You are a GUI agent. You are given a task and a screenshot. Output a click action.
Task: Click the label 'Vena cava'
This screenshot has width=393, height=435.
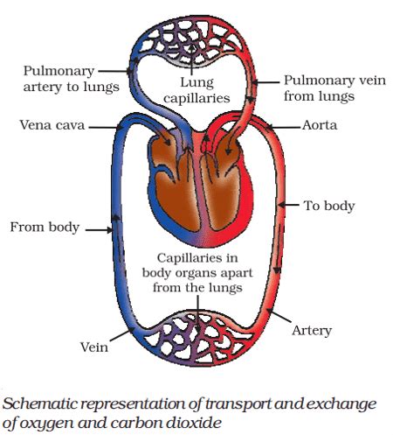click(51, 126)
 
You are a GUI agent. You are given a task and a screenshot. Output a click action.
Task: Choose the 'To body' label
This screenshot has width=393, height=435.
click(327, 207)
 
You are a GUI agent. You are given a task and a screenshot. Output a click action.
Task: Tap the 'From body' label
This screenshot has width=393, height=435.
click(45, 228)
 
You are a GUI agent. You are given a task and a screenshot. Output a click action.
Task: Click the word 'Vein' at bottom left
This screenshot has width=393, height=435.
click(93, 347)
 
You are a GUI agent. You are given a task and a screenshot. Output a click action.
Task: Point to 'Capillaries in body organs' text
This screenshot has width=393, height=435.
click(196, 272)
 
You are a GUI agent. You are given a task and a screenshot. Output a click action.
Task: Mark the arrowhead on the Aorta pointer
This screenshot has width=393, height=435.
click(265, 127)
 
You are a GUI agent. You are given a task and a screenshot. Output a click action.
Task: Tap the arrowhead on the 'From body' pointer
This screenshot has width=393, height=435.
click(111, 228)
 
